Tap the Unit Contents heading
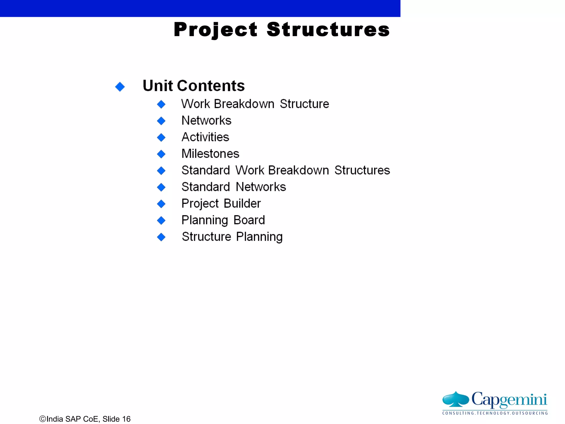[x=193, y=86]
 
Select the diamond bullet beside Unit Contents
[x=120, y=87]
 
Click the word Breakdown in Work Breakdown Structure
[x=244, y=104]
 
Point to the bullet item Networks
[x=206, y=121]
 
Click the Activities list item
[x=205, y=137]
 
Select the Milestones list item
[x=210, y=154]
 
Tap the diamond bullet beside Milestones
[x=161, y=154]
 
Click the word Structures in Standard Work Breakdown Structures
[x=362, y=170]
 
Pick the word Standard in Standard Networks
[x=206, y=187]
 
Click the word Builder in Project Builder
[x=242, y=204]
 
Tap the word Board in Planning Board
[x=249, y=220]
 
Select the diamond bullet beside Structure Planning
[x=161, y=237]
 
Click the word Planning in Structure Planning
[x=259, y=237]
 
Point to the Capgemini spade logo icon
[x=455, y=399]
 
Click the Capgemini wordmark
[x=509, y=399]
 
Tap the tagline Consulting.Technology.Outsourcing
[x=495, y=413]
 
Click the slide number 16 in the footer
[x=126, y=419]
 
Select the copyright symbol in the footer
[x=42, y=419]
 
